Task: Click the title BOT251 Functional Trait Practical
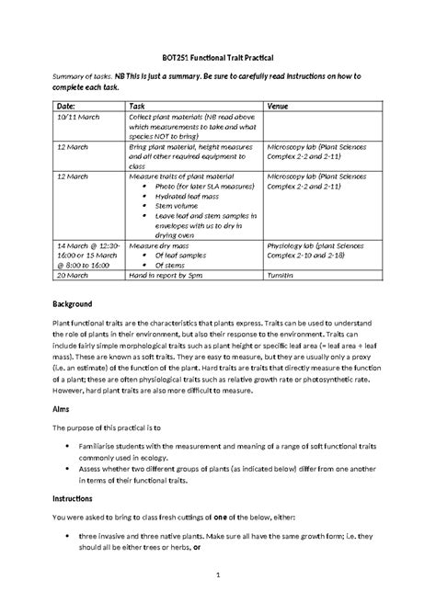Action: (x=218, y=57)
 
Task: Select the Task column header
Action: (x=138, y=107)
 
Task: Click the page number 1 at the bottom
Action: (x=217, y=576)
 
